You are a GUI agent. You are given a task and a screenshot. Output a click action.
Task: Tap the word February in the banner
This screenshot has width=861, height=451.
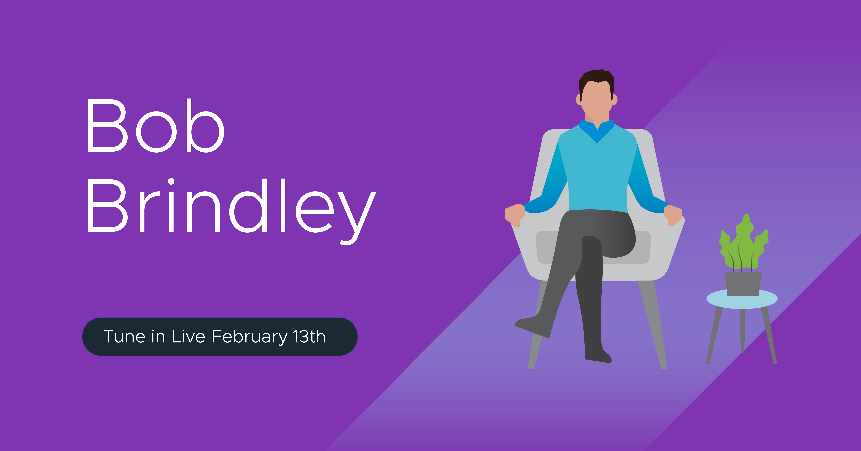249,337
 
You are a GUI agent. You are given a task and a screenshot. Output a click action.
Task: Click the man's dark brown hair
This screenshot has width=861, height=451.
597,80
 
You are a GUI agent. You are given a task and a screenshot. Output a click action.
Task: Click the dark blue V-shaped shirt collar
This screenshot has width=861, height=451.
597,131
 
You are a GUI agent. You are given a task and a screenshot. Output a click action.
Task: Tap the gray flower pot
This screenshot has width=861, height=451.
743,283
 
